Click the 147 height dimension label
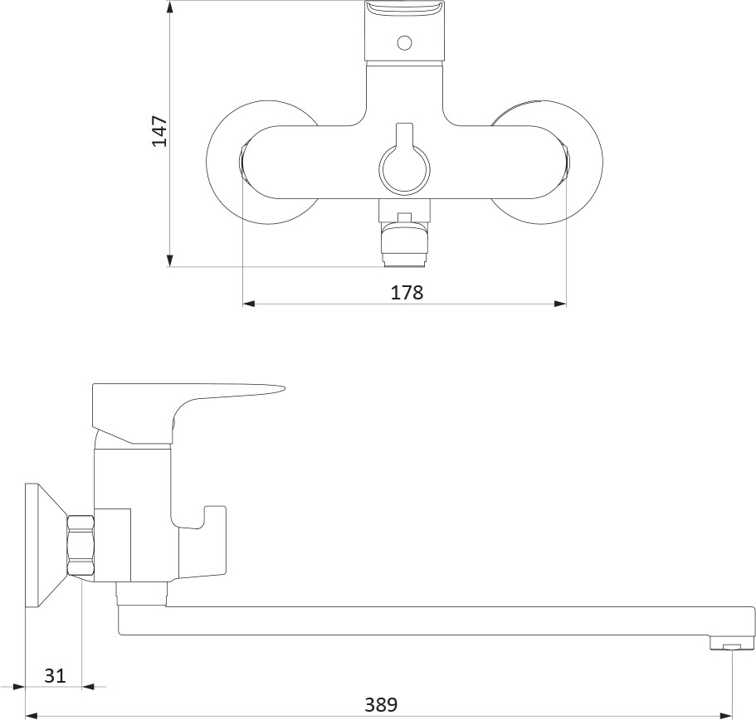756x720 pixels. point(159,131)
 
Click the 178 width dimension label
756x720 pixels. point(407,293)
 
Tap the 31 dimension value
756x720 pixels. point(55,676)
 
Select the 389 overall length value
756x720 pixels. point(381,704)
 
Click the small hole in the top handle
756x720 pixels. point(404,43)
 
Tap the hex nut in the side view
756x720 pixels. point(81,545)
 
